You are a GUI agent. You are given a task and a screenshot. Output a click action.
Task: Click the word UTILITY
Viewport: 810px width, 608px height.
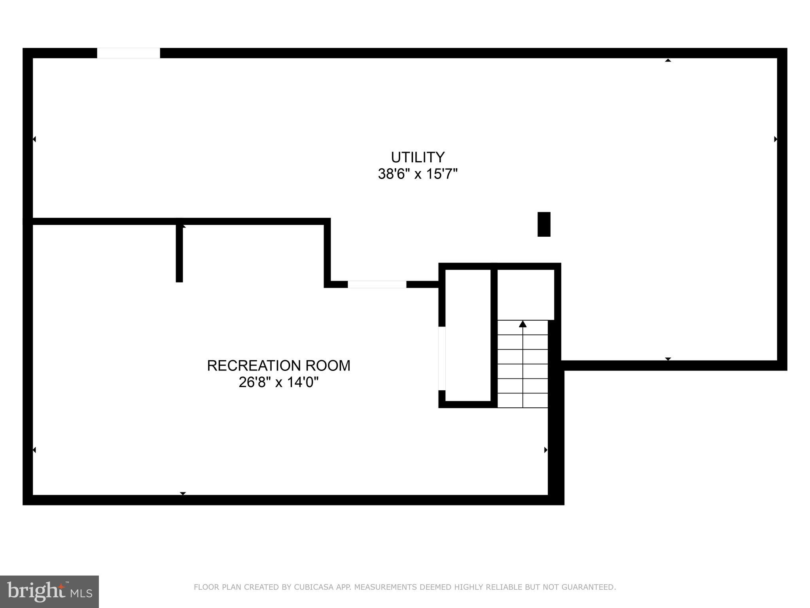coord(418,157)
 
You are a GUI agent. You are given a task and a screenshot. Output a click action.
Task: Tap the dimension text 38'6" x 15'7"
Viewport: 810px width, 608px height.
coord(418,174)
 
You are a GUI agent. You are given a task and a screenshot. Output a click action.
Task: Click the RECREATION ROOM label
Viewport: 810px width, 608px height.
coord(278,365)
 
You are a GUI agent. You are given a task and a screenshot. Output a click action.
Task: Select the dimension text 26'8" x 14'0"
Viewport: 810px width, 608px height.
coord(278,382)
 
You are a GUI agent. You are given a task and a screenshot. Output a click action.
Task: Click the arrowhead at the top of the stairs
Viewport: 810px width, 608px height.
coord(522,324)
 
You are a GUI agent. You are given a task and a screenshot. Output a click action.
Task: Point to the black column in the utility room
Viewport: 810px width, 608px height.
coord(544,224)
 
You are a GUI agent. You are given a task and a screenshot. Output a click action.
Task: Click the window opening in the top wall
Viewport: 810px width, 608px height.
coord(129,53)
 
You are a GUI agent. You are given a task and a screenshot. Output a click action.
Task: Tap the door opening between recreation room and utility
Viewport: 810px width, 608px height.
coord(377,284)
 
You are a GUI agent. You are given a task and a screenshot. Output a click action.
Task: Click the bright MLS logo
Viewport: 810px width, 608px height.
coord(49,591)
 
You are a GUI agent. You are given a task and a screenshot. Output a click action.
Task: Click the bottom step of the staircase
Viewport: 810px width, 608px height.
coord(522,400)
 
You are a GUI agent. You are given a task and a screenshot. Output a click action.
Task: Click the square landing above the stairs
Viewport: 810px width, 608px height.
coord(525,294)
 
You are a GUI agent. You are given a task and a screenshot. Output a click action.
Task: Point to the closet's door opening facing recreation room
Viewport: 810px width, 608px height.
coord(442,358)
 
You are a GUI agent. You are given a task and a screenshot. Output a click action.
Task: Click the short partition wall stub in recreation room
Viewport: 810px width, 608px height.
coord(179,253)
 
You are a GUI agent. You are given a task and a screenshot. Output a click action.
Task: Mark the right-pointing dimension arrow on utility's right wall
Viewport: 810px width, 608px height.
coord(776,139)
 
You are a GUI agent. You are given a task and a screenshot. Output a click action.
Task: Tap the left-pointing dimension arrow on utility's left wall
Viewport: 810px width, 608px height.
coord(34,139)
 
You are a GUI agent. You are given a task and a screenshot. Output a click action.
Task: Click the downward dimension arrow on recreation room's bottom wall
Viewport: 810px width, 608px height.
coord(183,493)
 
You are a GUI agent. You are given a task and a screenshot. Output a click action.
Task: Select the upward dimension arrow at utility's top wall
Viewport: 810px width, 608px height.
coord(668,61)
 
